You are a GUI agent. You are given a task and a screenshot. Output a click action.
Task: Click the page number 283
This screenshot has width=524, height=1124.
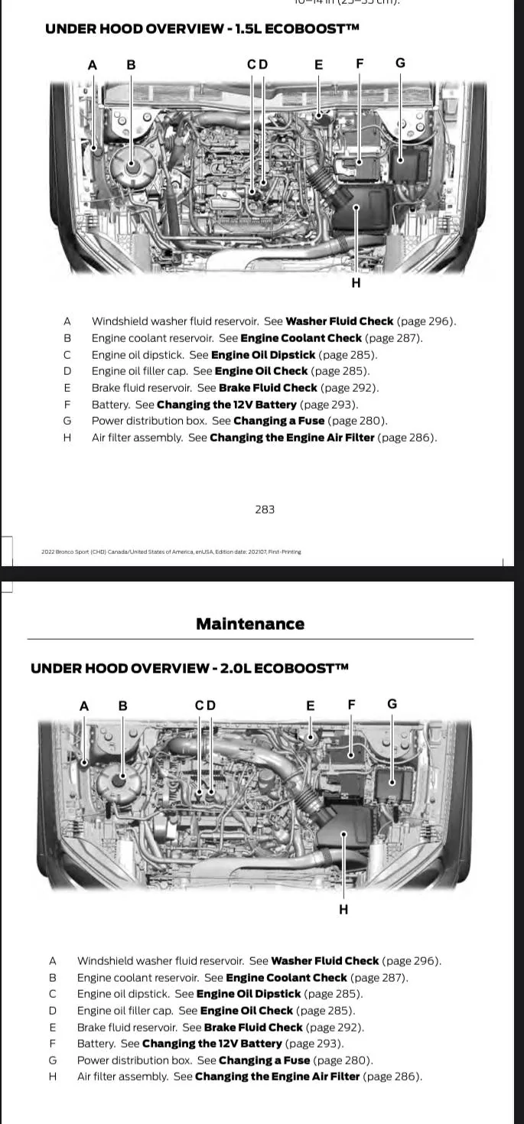click(265, 510)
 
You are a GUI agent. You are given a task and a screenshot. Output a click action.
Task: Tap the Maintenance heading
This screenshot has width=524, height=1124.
click(250, 624)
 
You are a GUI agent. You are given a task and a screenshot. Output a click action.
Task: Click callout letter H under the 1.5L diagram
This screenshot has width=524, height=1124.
click(356, 283)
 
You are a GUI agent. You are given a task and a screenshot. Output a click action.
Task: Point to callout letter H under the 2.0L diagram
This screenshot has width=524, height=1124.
click(343, 910)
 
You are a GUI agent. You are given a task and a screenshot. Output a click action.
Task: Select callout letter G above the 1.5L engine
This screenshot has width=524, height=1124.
click(400, 63)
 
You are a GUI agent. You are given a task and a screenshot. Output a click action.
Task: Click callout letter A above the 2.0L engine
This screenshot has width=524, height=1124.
click(84, 705)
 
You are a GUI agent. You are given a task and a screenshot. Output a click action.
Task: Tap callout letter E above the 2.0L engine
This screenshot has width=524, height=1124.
click(311, 705)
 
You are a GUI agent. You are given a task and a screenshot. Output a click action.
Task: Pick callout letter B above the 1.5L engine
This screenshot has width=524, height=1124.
click(131, 65)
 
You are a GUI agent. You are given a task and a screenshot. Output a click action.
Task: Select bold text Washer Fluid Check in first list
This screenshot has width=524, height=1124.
click(339, 321)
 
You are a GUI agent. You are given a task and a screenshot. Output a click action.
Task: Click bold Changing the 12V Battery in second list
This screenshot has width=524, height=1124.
click(212, 1044)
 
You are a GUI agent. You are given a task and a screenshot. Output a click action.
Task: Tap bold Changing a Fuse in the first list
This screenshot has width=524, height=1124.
click(278, 421)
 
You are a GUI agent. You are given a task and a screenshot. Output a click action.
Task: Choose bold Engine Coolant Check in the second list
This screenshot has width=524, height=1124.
click(286, 978)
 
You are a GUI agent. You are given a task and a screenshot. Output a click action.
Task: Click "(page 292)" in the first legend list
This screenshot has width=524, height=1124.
click(349, 388)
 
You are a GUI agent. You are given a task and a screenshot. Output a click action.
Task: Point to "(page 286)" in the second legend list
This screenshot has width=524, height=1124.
click(392, 1077)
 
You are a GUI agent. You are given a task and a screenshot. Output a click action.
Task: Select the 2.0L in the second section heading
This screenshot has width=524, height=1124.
click(235, 668)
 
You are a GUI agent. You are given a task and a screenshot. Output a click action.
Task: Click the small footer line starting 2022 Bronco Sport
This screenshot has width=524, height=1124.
click(171, 552)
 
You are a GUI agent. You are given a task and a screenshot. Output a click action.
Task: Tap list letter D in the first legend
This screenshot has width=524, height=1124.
click(67, 371)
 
